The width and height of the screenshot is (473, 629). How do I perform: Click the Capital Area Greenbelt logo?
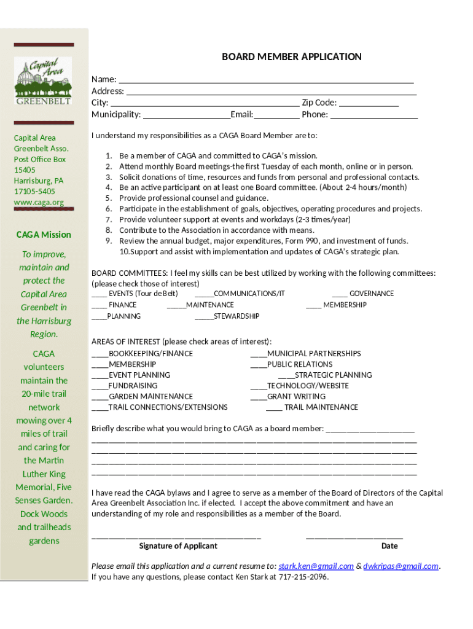click(43, 80)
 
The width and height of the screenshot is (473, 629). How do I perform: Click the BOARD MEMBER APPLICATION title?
click(291, 57)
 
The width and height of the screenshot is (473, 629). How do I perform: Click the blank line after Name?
click(265, 81)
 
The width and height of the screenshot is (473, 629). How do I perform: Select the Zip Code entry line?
click(369, 104)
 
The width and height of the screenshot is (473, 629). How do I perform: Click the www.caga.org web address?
click(39, 202)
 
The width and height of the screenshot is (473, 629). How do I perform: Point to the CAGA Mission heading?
click(44, 235)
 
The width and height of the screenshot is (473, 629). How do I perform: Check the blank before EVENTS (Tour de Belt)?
click(100, 295)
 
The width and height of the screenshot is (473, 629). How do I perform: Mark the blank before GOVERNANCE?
click(340, 295)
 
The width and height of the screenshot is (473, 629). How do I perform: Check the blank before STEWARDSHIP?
click(204, 318)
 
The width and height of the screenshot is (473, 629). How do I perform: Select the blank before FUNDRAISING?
click(100, 388)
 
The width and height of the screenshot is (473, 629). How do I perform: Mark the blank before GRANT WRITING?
click(259, 399)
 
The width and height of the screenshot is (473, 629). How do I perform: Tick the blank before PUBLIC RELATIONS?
click(259, 366)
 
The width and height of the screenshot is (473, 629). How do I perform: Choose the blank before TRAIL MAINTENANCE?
click(274, 409)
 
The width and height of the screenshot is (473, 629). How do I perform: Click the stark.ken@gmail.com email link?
click(316, 566)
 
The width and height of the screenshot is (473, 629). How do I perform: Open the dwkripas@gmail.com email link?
click(401, 566)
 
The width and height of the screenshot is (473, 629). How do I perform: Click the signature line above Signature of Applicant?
click(176, 537)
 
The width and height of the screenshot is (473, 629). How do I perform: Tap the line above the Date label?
click(354, 537)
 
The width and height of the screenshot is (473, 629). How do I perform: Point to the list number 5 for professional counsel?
click(108, 198)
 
